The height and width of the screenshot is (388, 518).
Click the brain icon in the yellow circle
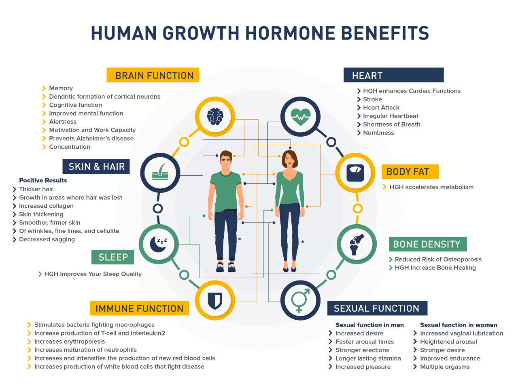[215, 117]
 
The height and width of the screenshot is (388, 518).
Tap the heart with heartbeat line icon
[300, 117]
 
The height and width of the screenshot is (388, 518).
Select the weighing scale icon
[355, 173]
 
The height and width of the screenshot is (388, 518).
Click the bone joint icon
[357, 245]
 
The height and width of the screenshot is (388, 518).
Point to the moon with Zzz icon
[159, 244]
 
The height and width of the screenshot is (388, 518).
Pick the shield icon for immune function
[215, 301]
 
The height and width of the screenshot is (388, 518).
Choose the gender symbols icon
[300, 301]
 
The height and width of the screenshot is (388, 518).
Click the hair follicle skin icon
[160, 172]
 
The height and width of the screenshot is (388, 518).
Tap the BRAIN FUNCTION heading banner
[153, 75]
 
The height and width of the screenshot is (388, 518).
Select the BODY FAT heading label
[410, 172]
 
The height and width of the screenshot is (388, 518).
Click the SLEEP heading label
[113, 257]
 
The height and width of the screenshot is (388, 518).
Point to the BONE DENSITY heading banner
[428, 244]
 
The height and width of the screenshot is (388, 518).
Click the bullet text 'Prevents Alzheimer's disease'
[91, 138]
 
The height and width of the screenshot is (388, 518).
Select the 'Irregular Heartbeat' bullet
[391, 116]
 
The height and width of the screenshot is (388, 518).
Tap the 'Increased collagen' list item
[46, 206]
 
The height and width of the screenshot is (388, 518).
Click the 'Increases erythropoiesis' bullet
[69, 342]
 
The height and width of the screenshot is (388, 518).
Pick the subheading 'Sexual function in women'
[459, 325]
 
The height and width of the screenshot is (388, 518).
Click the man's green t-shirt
[225, 191]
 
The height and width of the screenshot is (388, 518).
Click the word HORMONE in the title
[290, 33]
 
